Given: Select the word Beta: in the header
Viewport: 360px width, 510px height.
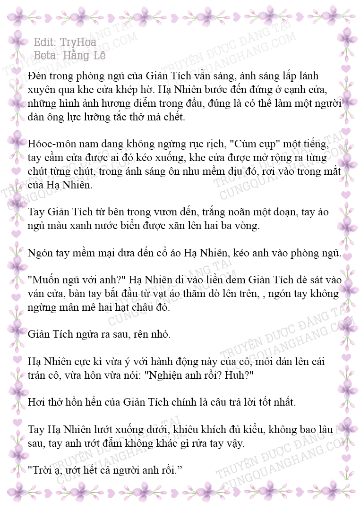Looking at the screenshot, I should [x=46, y=55].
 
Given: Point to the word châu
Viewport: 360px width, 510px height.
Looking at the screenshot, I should [x=128, y=307].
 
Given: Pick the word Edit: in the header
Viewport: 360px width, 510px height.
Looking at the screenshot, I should [x=46, y=42].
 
